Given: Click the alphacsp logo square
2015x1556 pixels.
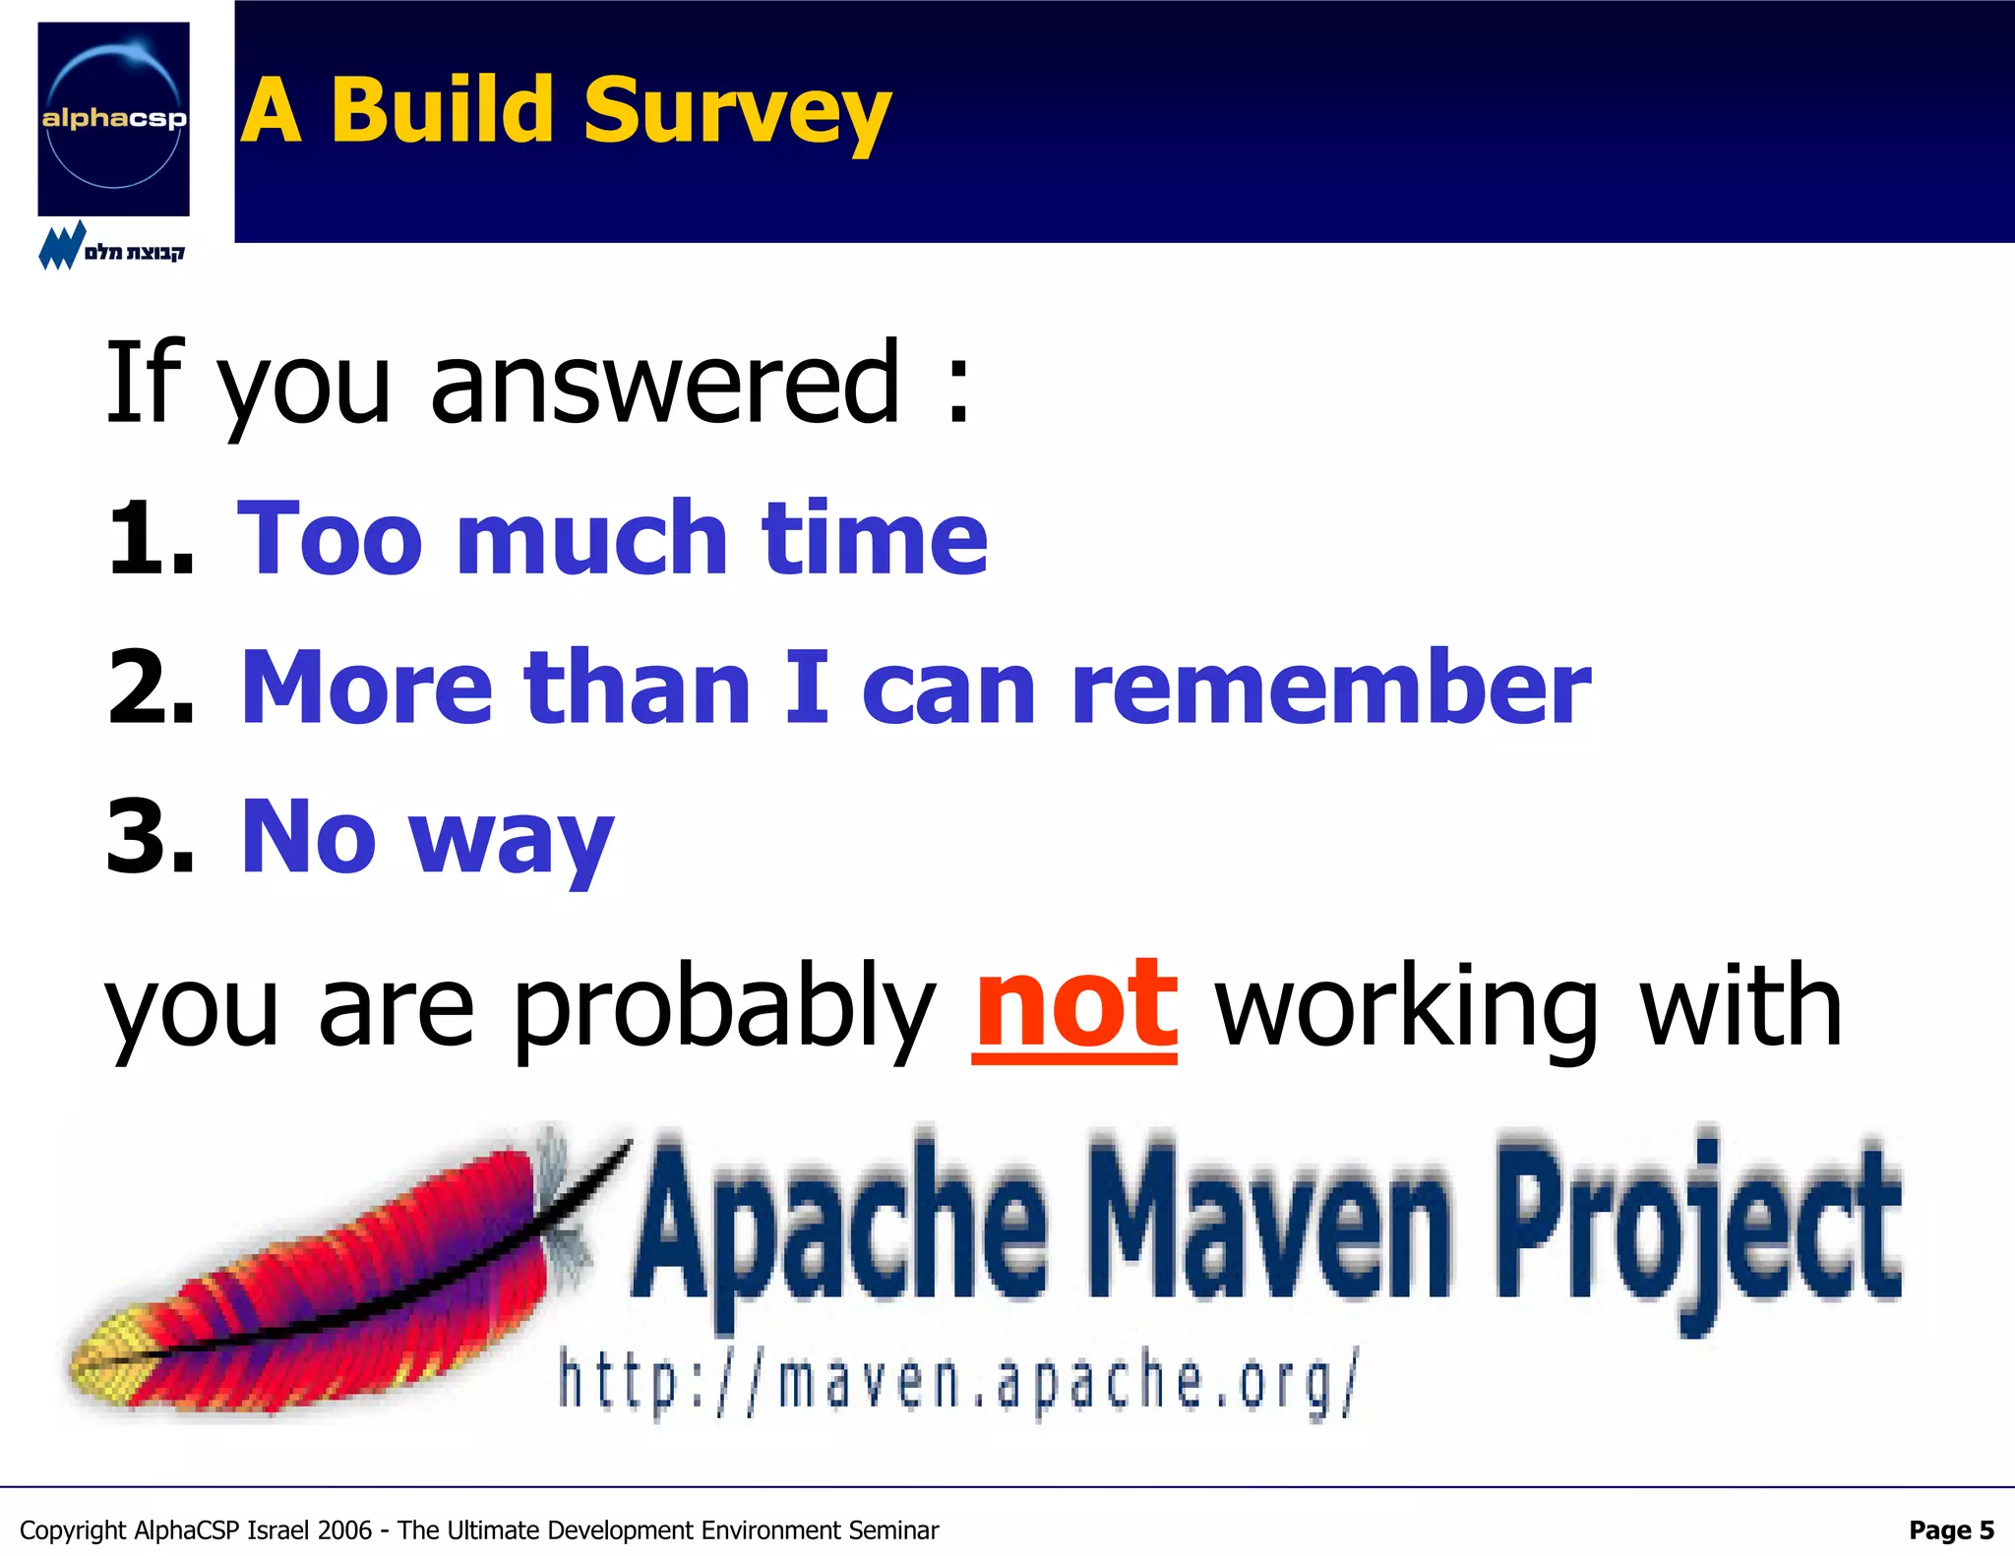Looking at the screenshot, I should coord(113,118).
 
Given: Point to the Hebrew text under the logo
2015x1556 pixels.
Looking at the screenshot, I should coord(134,252).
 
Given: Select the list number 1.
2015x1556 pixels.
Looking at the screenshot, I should coord(148,539).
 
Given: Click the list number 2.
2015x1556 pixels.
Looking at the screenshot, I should coord(150,688).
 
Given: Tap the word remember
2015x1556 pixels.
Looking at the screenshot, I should coord(1330,688).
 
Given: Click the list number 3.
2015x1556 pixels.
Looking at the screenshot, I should coord(150,837).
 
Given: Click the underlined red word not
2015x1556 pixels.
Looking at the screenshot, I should coord(1074,1006).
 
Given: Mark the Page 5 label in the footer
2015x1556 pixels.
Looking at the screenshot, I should coord(1950,1529).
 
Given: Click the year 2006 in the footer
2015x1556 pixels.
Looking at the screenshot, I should coord(344,1530).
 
